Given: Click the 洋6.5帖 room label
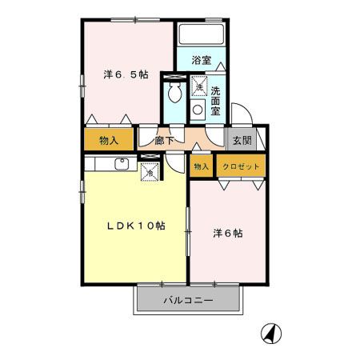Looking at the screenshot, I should [x=126, y=74].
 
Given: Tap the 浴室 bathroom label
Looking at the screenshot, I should [x=201, y=59].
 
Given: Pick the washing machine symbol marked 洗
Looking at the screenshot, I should [x=199, y=85].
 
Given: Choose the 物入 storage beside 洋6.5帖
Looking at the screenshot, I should [x=110, y=140].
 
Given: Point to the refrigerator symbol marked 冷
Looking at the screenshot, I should [x=149, y=170].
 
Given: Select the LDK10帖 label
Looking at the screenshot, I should [x=137, y=226].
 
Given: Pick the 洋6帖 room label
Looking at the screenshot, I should [x=227, y=234].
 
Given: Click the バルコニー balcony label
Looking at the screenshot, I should [x=188, y=301].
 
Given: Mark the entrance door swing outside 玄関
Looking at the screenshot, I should [x=240, y=112].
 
